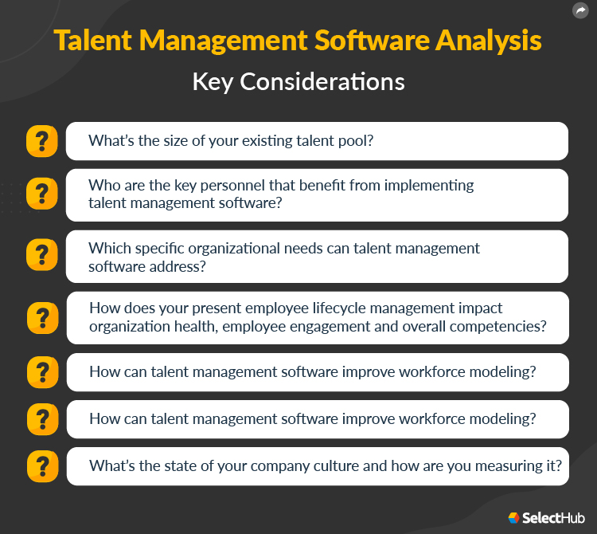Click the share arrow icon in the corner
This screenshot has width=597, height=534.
click(x=580, y=10)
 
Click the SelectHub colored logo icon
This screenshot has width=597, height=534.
click(x=513, y=518)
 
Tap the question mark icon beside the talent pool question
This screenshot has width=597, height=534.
click(x=41, y=141)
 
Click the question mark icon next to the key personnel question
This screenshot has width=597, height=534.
click(x=41, y=194)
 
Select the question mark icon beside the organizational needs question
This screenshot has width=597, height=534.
click(x=41, y=256)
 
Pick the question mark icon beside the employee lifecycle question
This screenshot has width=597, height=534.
click(x=41, y=317)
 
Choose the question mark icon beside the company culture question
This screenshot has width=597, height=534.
click(x=41, y=466)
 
